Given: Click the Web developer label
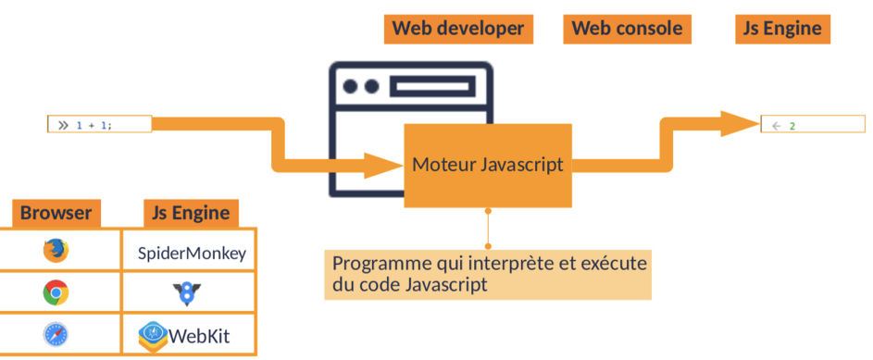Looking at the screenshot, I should click(x=457, y=29).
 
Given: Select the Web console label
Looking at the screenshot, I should click(x=628, y=29).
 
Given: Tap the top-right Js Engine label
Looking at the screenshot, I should click(x=782, y=29).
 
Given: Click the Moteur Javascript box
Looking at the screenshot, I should click(x=487, y=166).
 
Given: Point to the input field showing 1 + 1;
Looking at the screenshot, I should click(x=99, y=124).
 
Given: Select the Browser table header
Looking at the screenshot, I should click(x=56, y=214).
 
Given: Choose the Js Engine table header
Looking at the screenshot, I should click(x=190, y=214).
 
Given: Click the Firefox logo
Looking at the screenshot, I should click(x=56, y=251).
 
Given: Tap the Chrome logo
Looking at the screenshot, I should click(x=56, y=293).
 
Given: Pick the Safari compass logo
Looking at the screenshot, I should click(x=56, y=334).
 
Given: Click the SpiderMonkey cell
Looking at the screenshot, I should click(x=192, y=252).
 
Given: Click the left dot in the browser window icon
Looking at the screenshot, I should click(x=351, y=86).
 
